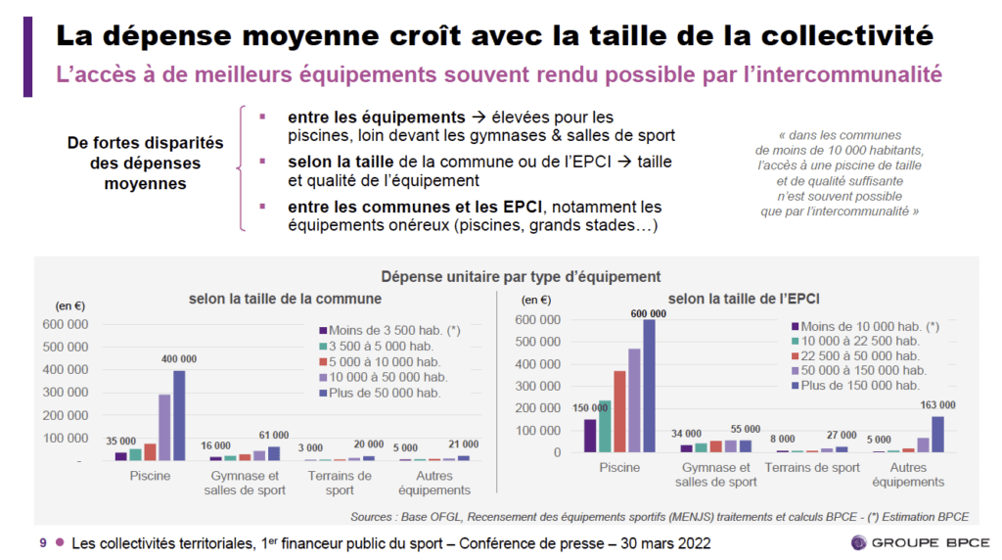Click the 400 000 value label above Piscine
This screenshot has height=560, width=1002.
tap(179, 359)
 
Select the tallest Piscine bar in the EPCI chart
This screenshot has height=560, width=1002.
tap(649, 386)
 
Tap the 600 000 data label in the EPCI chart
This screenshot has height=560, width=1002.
tap(648, 313)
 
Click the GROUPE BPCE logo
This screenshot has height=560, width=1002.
tap(919, 542)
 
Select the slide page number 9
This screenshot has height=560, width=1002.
tap(42, 542)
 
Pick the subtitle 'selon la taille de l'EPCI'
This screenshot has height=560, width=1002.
tap(744, 298)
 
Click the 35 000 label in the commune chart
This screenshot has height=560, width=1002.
tap(121, 442)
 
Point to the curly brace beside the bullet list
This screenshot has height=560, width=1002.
tap(241, 168)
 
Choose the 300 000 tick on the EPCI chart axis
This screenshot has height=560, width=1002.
tap(536, 386)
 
